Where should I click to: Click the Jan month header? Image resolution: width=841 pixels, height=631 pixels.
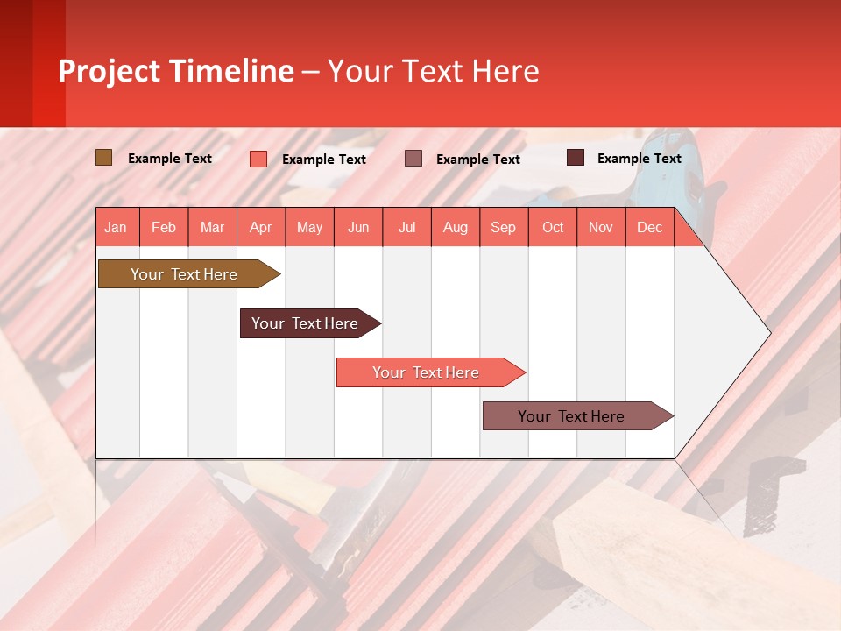coord(116,227)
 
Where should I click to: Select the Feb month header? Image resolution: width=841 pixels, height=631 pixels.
coord(164,227)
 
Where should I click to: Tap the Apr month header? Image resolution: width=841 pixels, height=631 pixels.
coord(260,227)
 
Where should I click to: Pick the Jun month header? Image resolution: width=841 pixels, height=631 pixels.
coord(358,227)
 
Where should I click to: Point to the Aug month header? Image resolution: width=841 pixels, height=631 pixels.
coord(455,227)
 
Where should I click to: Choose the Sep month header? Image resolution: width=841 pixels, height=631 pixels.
coord(503,227)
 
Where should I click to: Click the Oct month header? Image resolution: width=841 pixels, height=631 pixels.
coord(553,227)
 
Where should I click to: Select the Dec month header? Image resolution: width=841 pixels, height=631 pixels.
coord(649,227)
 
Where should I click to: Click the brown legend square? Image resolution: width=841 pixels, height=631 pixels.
coord(103,158)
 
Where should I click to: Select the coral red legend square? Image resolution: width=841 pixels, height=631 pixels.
coord(258,159)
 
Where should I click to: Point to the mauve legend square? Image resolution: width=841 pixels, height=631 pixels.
coord(413,158)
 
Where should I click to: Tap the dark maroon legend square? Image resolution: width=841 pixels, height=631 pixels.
coord(576,158)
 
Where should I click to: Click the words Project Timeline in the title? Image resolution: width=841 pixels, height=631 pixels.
coord(176,71)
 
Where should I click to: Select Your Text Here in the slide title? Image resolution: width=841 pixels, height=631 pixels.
coord(434,71)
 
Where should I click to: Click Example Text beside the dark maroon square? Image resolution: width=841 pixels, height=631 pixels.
coord(639,159)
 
